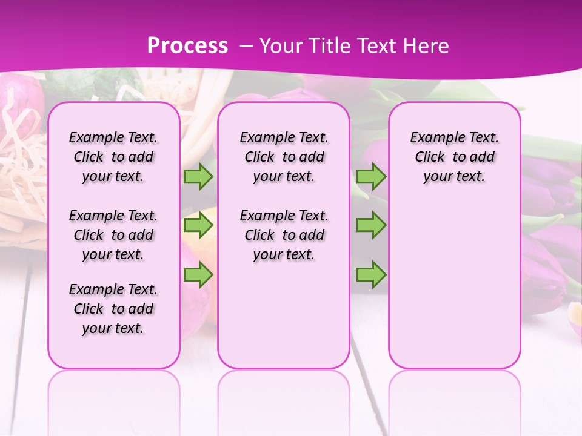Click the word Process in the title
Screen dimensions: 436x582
[x=187, y=45]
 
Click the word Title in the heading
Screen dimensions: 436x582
[x=329, y=45]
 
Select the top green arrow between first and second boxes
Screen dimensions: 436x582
[x=198, y=176]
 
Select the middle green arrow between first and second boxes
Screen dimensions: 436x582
[x=198, y=225]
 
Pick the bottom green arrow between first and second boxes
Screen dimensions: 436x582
[x=198, y=275]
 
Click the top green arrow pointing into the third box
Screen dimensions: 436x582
[x=371, y=176]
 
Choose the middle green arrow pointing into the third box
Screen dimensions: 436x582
[x=371, y=225]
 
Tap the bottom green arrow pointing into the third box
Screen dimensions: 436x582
[x=371, y=275]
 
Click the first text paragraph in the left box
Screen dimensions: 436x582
[x=113, y=157]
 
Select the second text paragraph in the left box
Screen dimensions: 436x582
[x=113, y=235]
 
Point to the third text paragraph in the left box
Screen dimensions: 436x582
[x=113, y=309]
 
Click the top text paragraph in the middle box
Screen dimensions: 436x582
[x=284, y=157]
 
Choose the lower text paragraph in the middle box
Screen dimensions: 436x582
[x=284, y=235]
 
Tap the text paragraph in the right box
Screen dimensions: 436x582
[x=454, y=157]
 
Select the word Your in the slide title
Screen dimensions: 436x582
[x=281, y=45]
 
